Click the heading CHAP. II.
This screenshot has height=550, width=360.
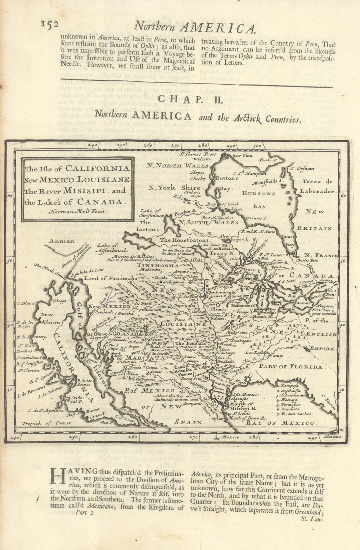[192, 98]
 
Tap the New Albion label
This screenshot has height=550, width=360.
[49, 319]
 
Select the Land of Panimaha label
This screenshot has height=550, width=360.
[106, 278]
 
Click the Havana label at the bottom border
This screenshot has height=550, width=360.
[332, 437]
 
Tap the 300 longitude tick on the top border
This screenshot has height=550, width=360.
[257, 146]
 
